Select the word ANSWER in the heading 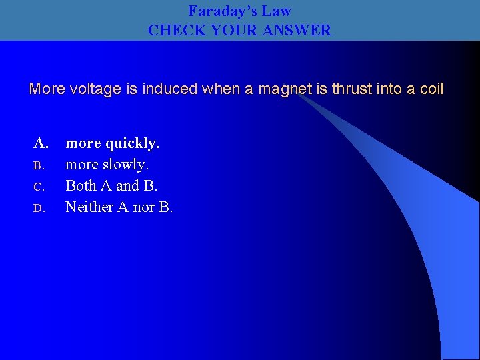pyautogui.click(x=299, y=30)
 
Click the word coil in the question pyautogui.click(x=430, y=89)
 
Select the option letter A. pyautogui.click(x=41, y=143)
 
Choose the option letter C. pyautogui.click(x=39, y=187)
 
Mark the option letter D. pyautogui.click(x=39, y=208)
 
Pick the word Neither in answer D pyautogui.click(x=89, y=207)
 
